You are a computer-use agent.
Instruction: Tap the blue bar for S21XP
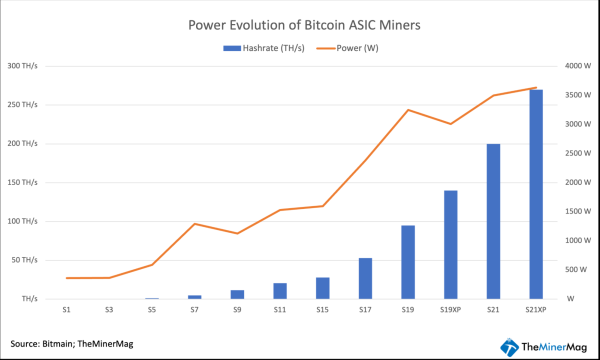[536, 194]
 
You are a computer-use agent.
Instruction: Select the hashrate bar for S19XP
[451, 244]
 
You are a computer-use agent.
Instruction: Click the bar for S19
[408, 262]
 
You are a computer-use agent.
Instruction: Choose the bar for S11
[280, 291]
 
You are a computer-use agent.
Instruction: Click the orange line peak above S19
[408, 110]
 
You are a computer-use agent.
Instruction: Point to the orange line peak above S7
[194, 224]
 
